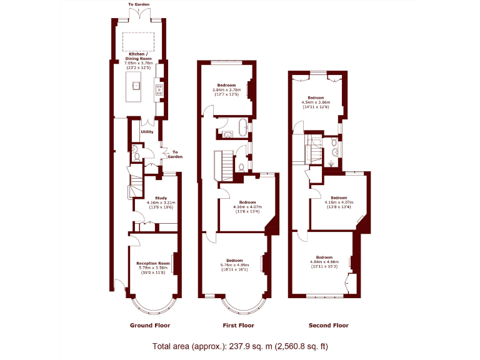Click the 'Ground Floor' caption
150,326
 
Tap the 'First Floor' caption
239,326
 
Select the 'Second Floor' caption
329,326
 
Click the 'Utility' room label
147,132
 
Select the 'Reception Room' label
153,264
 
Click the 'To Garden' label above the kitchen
139,4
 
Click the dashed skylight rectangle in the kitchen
139,41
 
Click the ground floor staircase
136,184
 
